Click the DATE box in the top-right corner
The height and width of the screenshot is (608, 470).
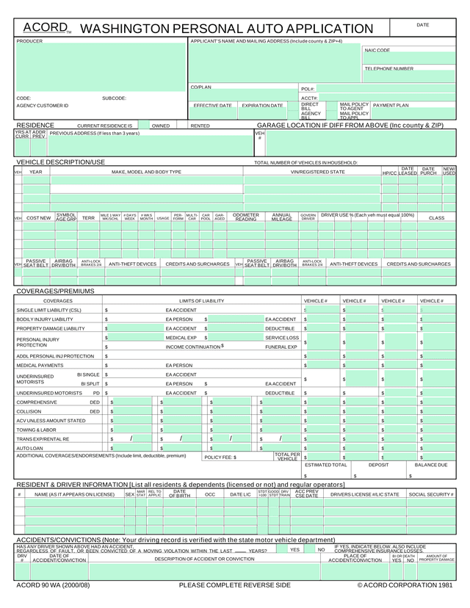coord(422,25)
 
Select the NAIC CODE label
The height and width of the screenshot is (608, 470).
coord(377,51)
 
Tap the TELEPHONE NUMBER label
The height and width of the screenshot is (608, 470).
coord(388,68)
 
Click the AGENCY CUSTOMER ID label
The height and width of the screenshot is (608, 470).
coord(42,106)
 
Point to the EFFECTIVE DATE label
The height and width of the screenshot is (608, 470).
coord(213,106)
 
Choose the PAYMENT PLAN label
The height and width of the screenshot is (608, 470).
coord(391,105)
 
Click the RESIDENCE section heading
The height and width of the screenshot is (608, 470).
coord(35,126)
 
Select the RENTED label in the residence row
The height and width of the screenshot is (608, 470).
coord(200,126)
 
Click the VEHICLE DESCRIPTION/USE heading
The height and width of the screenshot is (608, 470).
coord(61,162)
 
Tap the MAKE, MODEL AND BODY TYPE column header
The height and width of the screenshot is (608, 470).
coord(146,172)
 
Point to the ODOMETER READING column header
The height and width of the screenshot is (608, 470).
coord(246,217)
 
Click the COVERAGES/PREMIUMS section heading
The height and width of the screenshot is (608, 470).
coord(56,292)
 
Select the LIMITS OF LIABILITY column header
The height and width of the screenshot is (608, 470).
coord(202,301)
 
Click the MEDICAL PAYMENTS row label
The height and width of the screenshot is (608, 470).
coord(40,365)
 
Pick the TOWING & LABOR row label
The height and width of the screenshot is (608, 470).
coord(36,430)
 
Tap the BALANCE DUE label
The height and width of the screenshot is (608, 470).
coord(431,465)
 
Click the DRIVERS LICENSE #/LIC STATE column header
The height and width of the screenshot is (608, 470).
coord(364,495)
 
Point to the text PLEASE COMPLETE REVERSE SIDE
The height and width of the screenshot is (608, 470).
coord(235,585)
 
